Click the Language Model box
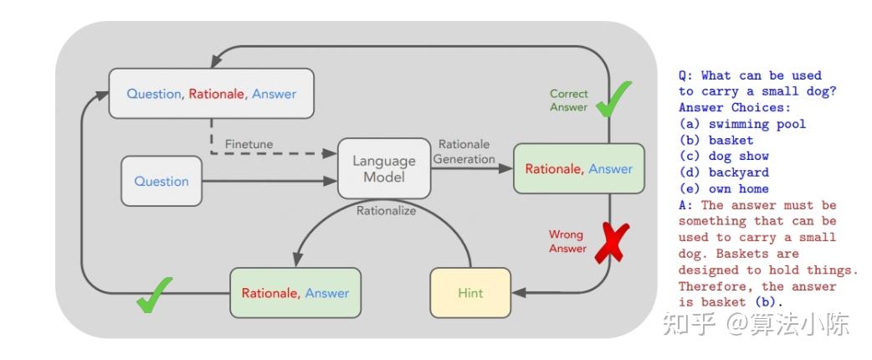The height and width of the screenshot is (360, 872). click(x=384, y=168)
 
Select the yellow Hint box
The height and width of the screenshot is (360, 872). click(x=470, y=293)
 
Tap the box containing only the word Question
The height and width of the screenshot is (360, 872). click(x=162, y=182)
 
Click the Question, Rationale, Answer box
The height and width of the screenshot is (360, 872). click(x=212, y=94)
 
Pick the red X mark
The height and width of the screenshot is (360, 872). click(x=612, y=243)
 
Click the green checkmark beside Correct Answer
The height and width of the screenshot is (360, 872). click(x=613, y=99)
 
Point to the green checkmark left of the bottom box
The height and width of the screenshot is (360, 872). click(x=154, y=295)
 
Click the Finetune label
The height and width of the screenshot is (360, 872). click(x=249, y=144)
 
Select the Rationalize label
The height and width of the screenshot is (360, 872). click(x=386, y=211)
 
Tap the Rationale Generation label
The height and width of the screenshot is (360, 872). click(x=464, y=152)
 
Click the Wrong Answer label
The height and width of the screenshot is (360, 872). click(x=567, y=241)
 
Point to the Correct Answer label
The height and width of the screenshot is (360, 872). click(x=569, y=100)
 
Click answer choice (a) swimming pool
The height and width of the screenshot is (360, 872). click(x=742, y=124)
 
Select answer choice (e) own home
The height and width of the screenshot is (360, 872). click(x=724, y=188)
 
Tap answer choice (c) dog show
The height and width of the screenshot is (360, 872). click(x=724, y=157)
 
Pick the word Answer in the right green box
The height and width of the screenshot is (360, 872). click(x=611, y=168)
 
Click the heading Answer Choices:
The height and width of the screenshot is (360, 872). click(x=735, y=108)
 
